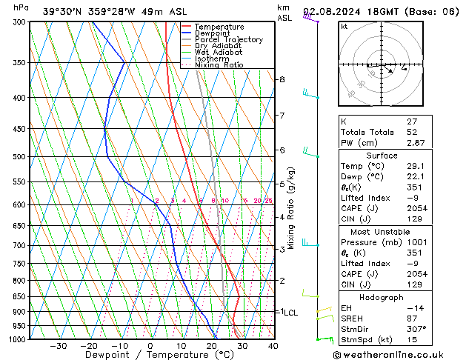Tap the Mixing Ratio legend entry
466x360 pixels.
click(x=219, y=65)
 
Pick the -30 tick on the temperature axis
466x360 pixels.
click(x=58, y=346)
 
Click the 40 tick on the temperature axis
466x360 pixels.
click(x=273, y=346)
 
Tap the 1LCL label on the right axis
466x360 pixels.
click(x=287, y=313)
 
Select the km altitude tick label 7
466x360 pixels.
click(x=282, y=116)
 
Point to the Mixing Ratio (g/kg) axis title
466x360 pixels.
click(x=291, y=208)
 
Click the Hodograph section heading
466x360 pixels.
click(x=382, y=297)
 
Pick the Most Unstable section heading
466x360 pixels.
click(x=382, y=231)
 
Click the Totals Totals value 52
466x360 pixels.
click(x=392, y=132)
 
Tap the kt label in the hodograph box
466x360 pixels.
click(x=344, y=26)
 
